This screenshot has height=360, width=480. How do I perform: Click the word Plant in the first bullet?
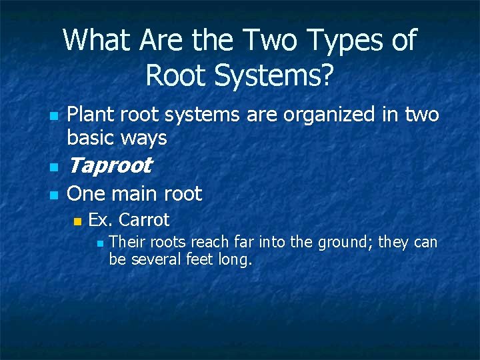(x=91, y=115)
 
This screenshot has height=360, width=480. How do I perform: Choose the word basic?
(x=92, y=138)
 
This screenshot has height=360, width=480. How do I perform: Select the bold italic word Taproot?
(x=109, y=165)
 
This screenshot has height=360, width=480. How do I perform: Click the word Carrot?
(x=145, y=219)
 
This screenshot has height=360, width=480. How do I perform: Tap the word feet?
(x=200, y=259)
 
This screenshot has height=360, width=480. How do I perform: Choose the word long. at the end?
(x=235, y=259)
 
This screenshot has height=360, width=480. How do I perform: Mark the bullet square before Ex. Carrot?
(x=77, y=221)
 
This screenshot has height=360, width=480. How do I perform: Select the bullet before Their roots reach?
(x=100, y=243)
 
